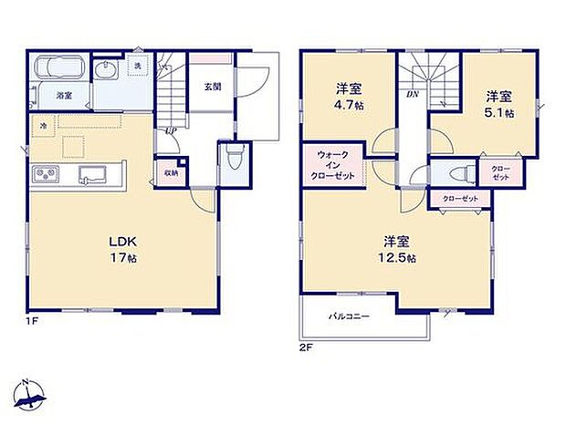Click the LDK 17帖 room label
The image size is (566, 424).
pyautogui.click(x=123, y=248)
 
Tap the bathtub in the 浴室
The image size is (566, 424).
pyautogui.click(x=60, y=69)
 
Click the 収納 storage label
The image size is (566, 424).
pyautogui.click(x=172, y=171)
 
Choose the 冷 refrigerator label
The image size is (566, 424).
pyautogui.click(x=43, y=125)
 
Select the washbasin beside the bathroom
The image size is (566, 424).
pyautogui.click(x=106, y=70)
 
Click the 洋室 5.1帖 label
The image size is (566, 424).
pyautogui.click(x=497, y=103)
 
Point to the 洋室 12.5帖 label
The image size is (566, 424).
pyautogui.click(x=398, y=250)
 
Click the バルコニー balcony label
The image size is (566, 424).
pyautogui.click(x=349, y=318)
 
